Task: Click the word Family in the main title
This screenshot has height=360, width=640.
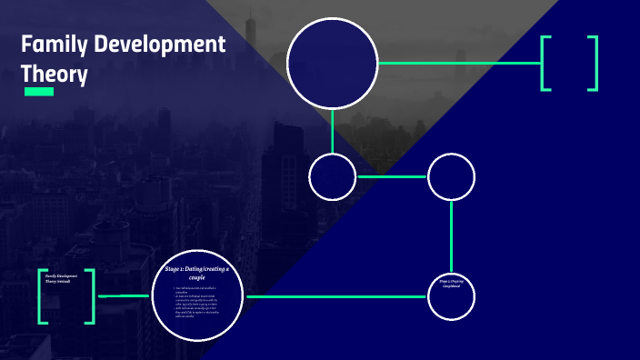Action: pyautogui.click(x=51, y=44)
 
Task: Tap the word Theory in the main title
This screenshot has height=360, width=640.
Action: pyautogui.click(x=55, y=73)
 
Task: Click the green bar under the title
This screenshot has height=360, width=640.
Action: pyautogui.click(x=39, y=92)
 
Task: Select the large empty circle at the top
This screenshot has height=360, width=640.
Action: pyautogui.click(x=332, y=63)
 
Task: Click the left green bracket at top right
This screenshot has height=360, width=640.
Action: pyautogui.click(x=545, y=63)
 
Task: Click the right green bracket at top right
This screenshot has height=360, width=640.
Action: pyautogui.click(x=594, y=63)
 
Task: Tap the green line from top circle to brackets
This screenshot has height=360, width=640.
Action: pyautogui.click(x=459, y=63)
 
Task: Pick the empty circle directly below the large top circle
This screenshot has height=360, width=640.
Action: pyautogui.click(x=332, y=176)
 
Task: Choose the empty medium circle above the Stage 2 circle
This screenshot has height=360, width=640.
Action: pyautogui.click(x=451, y=176)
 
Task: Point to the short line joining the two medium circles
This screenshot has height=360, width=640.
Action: pyautogui.click(x=391, y=176)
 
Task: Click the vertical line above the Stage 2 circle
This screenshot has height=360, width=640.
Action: pyautogui.click(x=451, y=236)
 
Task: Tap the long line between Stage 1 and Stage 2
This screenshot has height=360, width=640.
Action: pyautogui.click(x=336, y=296)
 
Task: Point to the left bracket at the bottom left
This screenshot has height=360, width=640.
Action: pyautogui.click(x=43, y=296)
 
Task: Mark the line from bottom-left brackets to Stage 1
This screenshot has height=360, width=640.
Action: pyautogui.click(x=123, y=296)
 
